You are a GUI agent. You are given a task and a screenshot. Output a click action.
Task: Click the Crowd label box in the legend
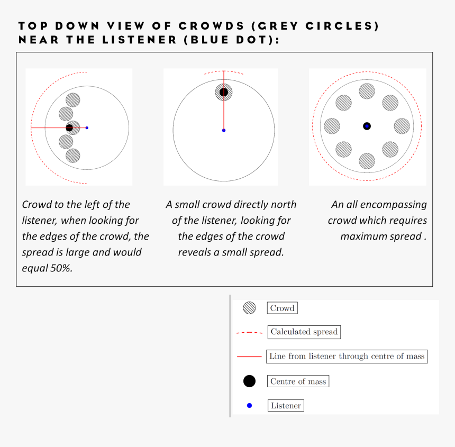(282, 308)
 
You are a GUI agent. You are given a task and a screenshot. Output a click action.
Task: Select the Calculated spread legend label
(304, 332)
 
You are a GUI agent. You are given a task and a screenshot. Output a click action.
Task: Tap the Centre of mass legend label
(298, 381)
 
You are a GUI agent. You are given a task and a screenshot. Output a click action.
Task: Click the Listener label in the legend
(286, 406)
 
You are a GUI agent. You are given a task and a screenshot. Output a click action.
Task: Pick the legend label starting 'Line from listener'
(347, 357)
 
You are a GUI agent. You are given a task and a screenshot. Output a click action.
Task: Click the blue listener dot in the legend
(249, 406)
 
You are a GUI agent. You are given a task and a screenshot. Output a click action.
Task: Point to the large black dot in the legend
(249, 381)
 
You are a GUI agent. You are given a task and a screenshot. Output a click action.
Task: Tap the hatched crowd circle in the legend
(249, 308)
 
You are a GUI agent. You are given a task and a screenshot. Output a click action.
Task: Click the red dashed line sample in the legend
(249, 333)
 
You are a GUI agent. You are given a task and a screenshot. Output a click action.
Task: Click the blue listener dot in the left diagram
(87, 127)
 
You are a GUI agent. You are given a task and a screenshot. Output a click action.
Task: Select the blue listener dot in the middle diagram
(224, 130)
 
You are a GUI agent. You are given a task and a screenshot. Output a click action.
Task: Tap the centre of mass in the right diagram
(367, 126)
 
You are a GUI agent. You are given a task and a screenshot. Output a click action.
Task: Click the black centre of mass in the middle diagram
(224, 93)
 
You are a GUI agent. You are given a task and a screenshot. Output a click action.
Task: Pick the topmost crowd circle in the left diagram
(72, 99)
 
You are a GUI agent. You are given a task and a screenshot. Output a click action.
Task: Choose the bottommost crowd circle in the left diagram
(72, 156)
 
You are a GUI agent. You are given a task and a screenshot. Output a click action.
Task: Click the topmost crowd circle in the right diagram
(367, 91)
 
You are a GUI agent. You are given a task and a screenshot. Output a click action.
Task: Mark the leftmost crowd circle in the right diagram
(332, 126)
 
